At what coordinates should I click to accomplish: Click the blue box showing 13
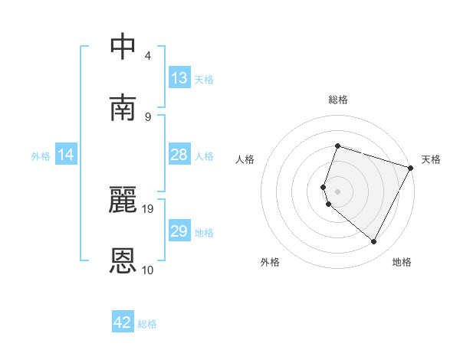(x=179, y=78)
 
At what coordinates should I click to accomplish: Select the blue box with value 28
(x=179, y=155)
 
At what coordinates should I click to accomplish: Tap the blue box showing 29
(x=179, y=232)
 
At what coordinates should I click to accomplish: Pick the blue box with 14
(x=67, y=155)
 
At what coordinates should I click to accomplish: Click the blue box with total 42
(x=123, y=322)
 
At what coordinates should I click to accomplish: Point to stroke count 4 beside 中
(x=148, y=55)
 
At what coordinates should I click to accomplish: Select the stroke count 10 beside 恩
(x=148, y=270)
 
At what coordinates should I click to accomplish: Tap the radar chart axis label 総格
(x=338, y=100)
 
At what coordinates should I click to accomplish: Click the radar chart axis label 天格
(x=431, y=159)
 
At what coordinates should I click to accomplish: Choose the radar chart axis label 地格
(x=402, y=262)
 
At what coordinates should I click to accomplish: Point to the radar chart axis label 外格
(x=270, y=262)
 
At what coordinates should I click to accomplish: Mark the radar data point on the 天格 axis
(x=411, y=168)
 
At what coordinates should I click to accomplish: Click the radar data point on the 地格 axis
(x=374, y=242)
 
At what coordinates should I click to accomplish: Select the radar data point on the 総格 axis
(x=337, y=146)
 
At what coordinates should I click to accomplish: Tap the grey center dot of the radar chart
(x=337, y=191)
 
